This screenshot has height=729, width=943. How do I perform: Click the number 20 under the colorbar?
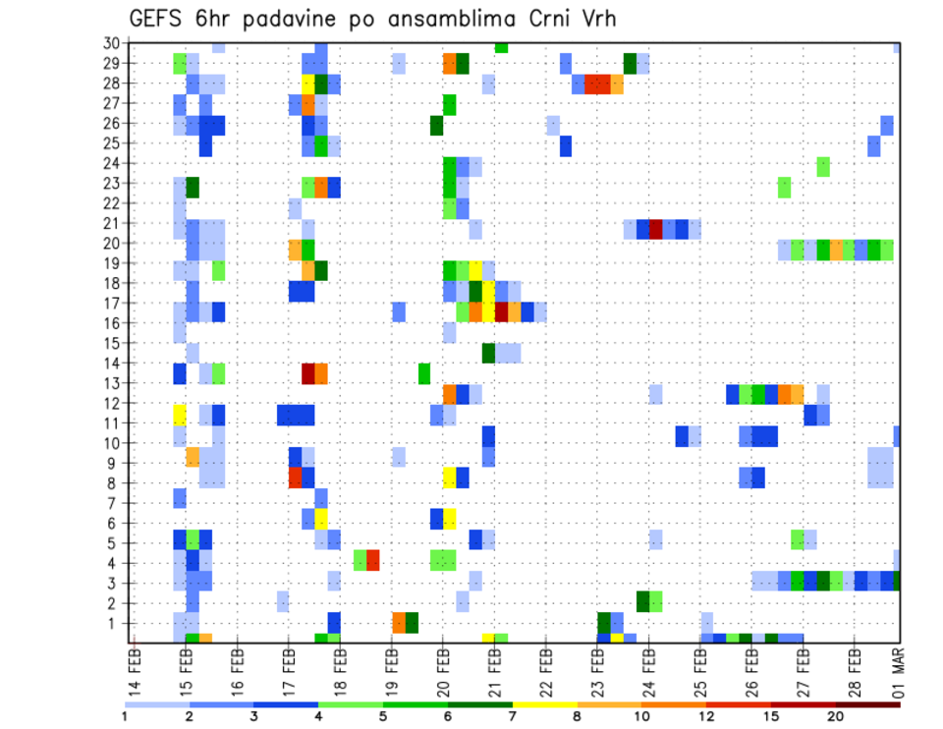click(836, 716)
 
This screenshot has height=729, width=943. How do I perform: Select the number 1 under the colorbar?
click(125, 716)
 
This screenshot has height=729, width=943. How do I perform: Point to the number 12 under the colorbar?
click(707, 716)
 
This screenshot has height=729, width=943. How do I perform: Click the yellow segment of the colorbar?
click(545, 703)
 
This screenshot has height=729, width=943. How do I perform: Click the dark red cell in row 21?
click(656, 229)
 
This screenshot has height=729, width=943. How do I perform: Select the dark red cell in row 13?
click(308, 373)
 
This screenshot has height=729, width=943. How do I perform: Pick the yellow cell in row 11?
click(180, 414)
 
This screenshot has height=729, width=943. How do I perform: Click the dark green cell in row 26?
click(436, 126)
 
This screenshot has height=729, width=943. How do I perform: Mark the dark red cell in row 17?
click(501, 312)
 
